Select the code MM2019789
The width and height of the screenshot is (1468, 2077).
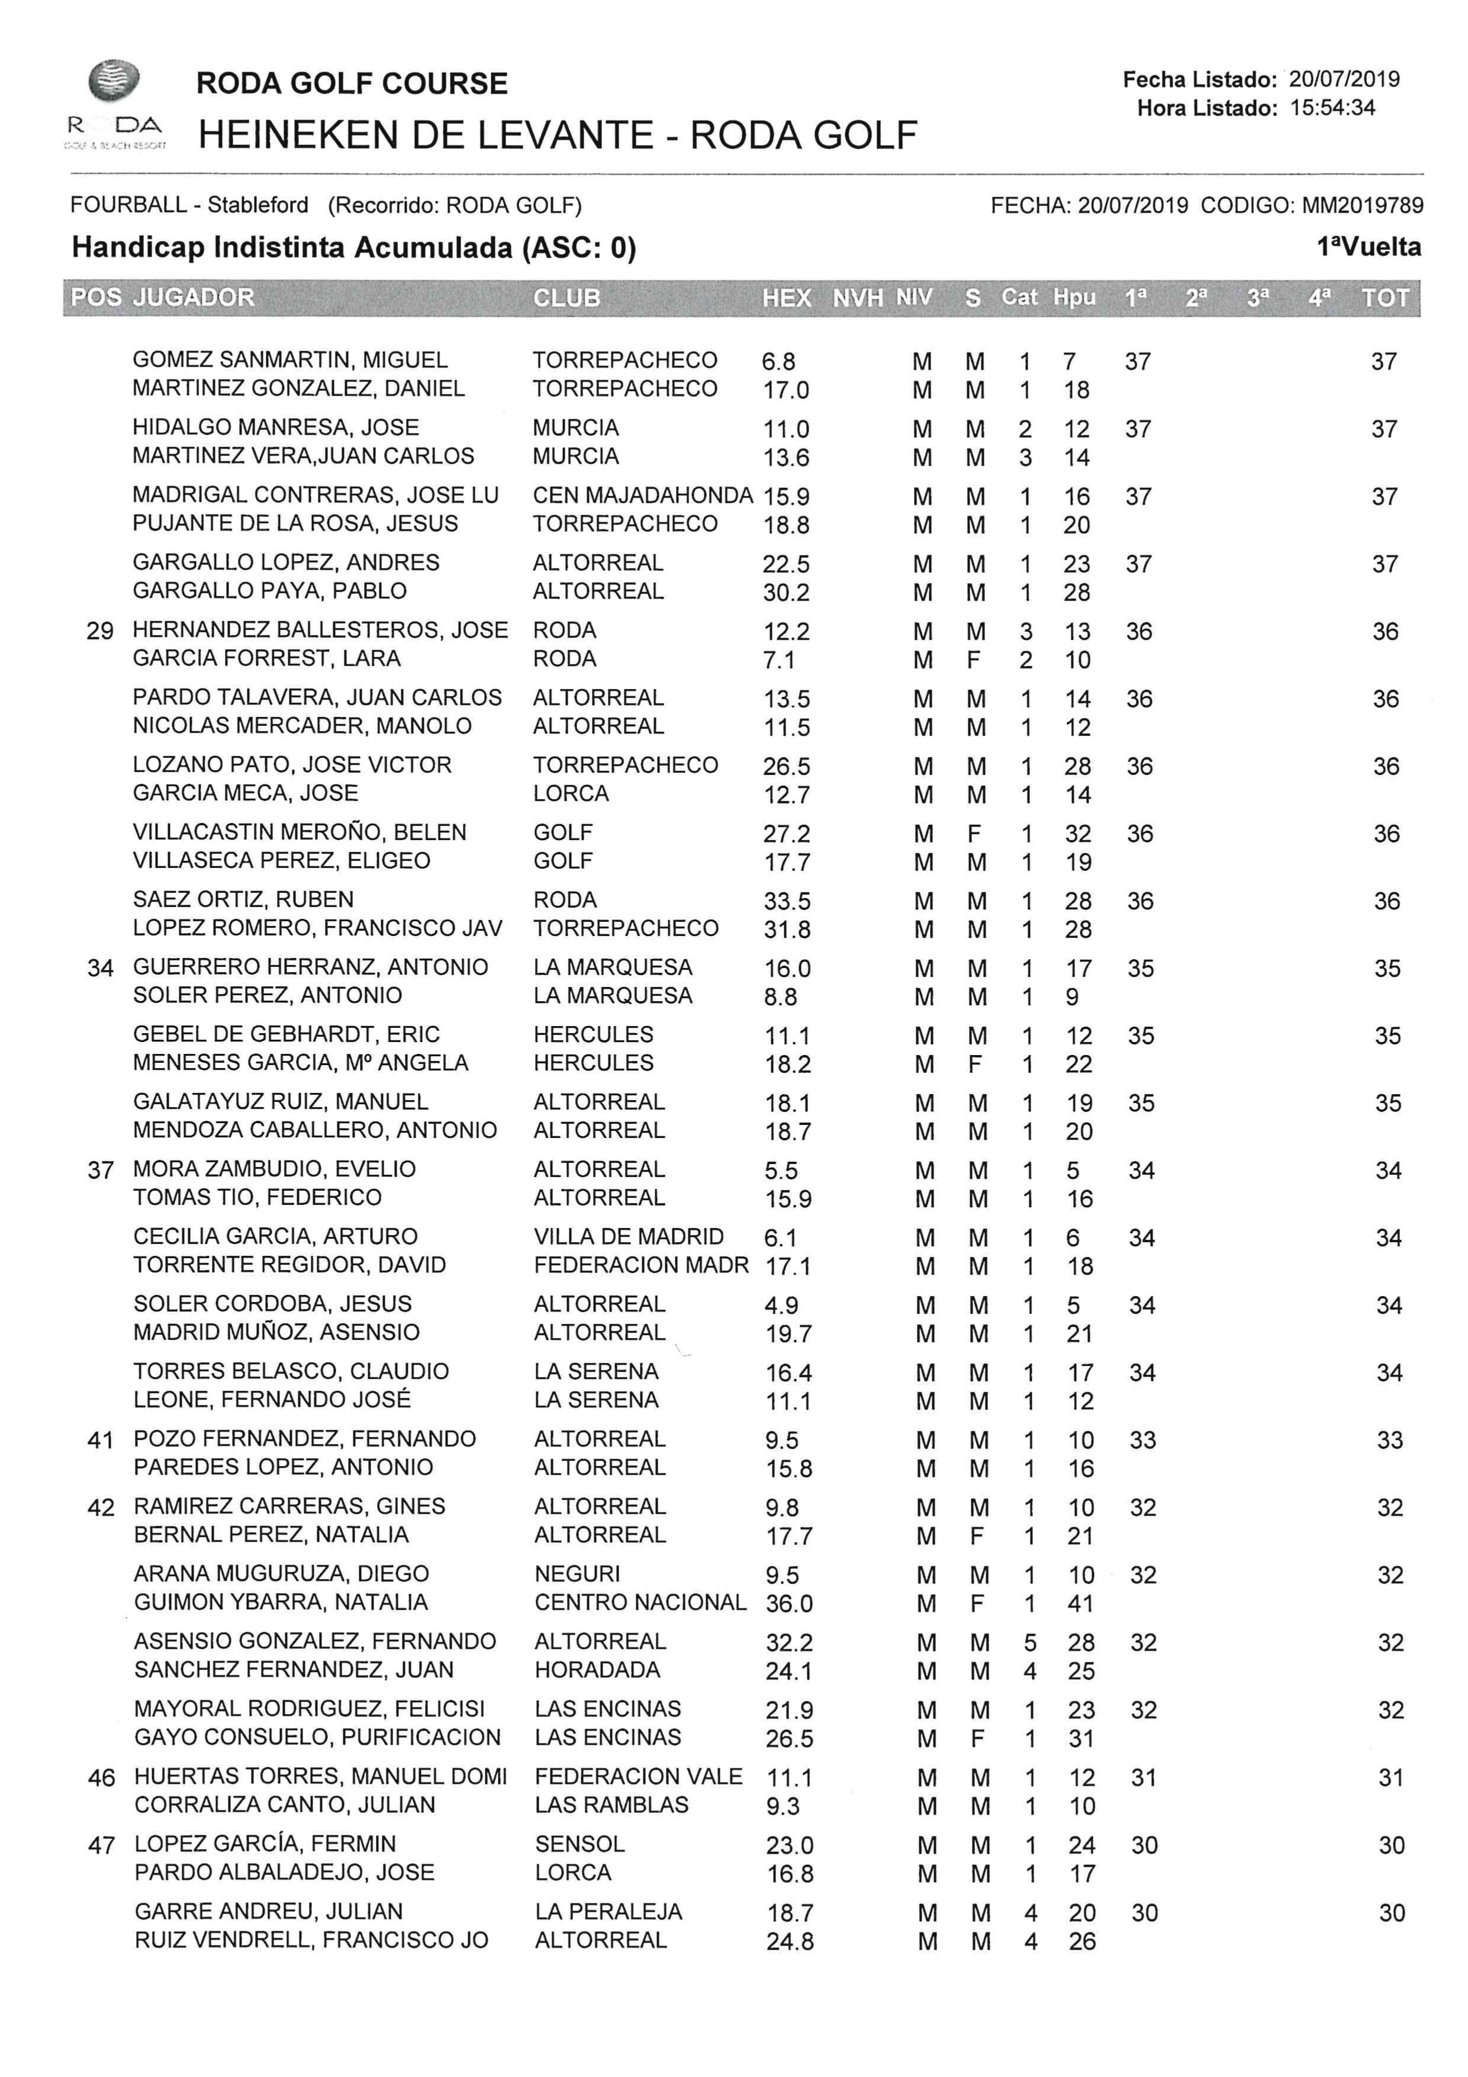pos(1362,205)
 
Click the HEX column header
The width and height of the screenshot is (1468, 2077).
pos(786,298)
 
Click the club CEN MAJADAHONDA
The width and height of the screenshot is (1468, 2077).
pos(642,496)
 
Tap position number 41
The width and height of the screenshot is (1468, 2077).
pos(101,1440)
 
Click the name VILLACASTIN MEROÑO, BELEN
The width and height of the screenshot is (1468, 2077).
pos(300,832)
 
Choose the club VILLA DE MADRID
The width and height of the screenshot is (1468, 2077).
pos(629,1237)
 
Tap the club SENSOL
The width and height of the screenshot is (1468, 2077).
pos(579,1844)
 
